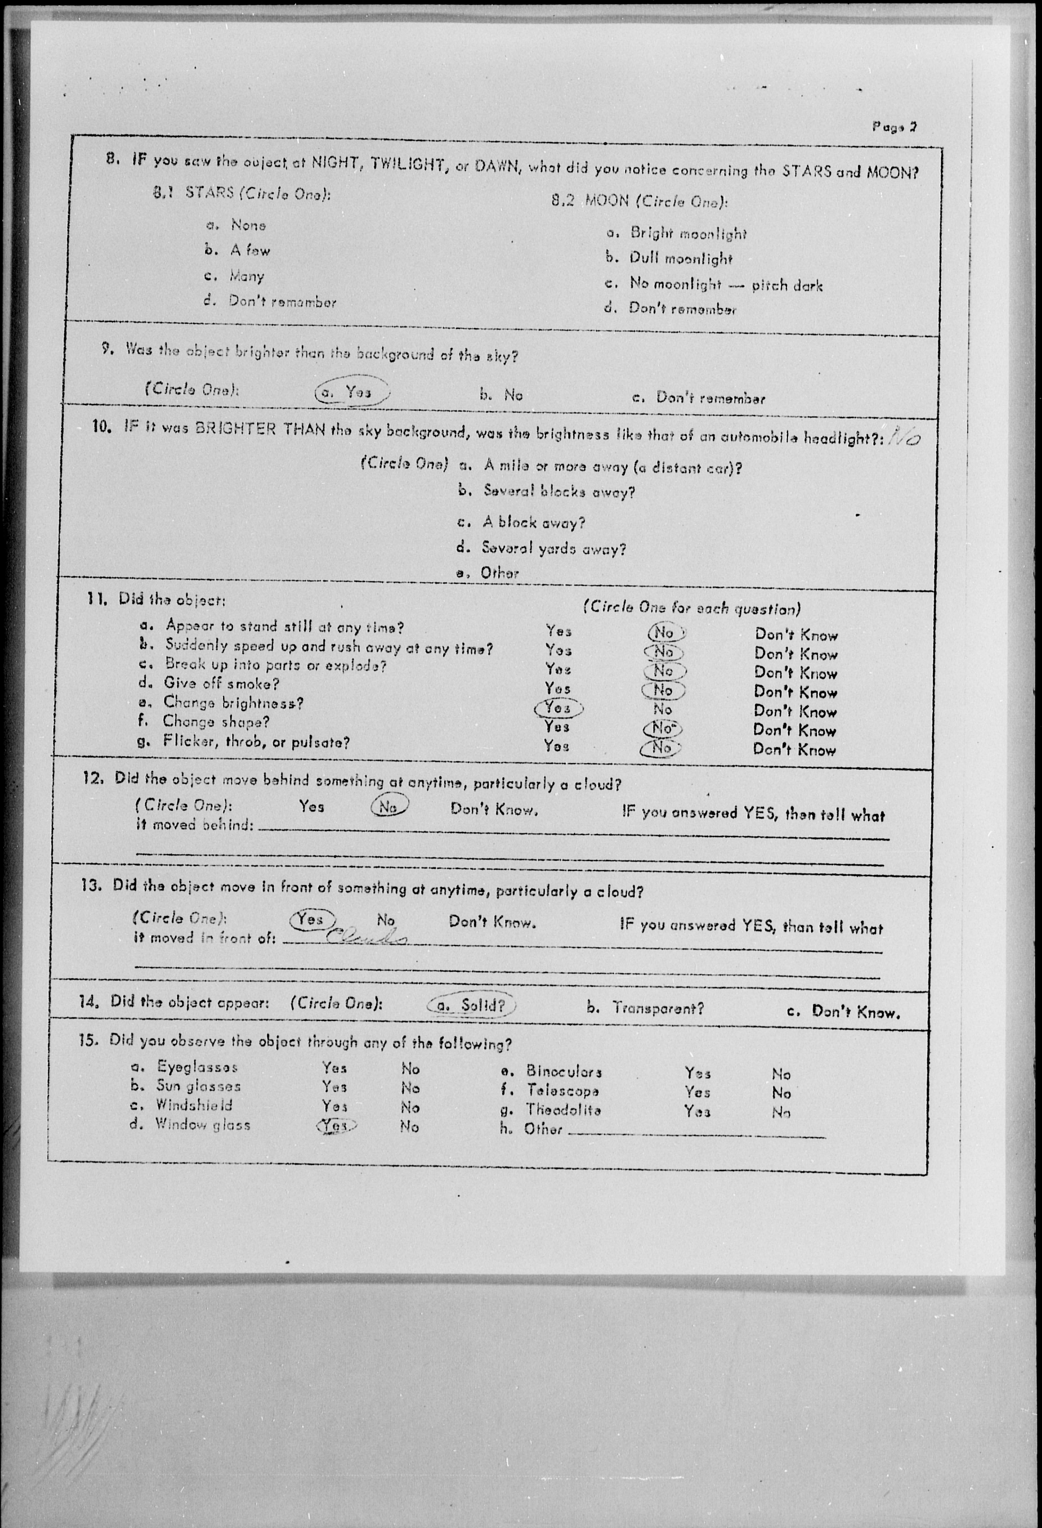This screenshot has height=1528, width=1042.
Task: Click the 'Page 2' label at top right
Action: [894, 127]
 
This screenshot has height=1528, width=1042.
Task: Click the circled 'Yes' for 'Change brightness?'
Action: [558, 708]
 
